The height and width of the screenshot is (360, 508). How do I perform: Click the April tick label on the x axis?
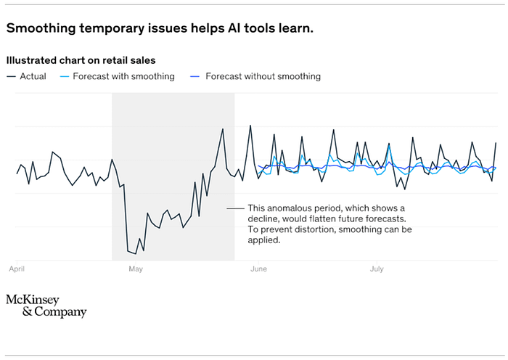point(16,269)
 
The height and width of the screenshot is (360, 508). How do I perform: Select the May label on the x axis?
point(136,269)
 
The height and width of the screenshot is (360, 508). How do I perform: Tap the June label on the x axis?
point(258,269)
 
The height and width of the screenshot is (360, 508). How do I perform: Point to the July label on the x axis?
point(377,269)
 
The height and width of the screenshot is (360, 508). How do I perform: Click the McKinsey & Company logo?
point(46,306)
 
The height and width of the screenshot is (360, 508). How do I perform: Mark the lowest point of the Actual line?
point(135,253)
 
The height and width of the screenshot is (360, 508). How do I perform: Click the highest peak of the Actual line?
point(250,126)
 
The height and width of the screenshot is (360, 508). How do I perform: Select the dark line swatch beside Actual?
point(11,76)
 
